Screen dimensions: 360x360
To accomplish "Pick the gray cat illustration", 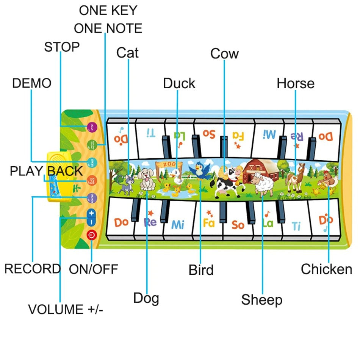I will click(127, 181).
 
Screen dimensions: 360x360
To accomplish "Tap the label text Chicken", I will click(326, 269).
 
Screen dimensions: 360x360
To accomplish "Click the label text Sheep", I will click(261, 300).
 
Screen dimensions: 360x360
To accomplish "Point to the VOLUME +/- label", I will click(66, 310).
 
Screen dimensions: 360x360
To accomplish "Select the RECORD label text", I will click(32, 269).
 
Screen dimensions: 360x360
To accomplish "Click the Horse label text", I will click(296, 83).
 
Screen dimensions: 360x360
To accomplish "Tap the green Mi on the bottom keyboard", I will click(177, 224).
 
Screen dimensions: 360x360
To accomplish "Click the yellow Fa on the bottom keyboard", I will click(208, 223).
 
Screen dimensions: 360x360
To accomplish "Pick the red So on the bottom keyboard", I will click(238, 225).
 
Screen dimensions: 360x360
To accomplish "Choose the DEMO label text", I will click(31, 83).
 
